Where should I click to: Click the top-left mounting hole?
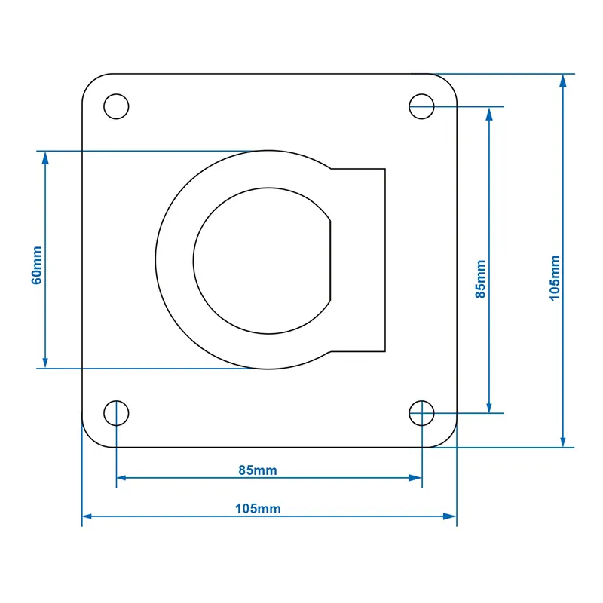click(x=116, y=106)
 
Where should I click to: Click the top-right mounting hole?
click(x=422, y=106)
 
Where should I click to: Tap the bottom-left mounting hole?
click(x=116, y=413)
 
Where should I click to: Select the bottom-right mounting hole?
click(x=422, y=413)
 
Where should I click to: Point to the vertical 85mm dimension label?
click(x=480, y=280)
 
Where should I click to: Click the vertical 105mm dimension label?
click(x=555, y=277)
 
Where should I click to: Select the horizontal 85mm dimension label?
click(x=258, y=470)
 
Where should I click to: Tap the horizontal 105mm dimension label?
click(x=258, y=509)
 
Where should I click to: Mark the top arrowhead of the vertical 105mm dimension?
click(x=562, y=81)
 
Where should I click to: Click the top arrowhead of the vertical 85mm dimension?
click(x=490, y=113)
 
